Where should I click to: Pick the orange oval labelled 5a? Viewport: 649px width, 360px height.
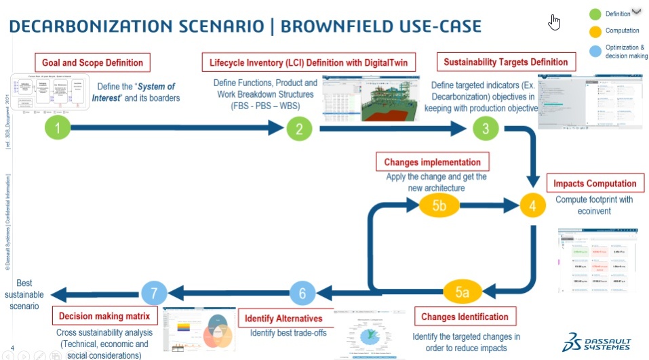click(463, 293)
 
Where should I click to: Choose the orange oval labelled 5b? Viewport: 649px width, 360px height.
click(438, 204)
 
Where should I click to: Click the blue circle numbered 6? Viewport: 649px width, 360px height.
click(302, 293)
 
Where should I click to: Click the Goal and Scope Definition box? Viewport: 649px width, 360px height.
click(93, 62)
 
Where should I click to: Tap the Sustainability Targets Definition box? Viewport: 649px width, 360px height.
click(505, 62)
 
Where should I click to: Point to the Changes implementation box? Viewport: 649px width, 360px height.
click(432, 162)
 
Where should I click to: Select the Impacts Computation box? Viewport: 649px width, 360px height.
click(595, 183)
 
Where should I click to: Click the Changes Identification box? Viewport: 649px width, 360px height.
click(465, 317)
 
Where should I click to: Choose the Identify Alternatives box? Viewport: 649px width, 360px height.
click(283, 318)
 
